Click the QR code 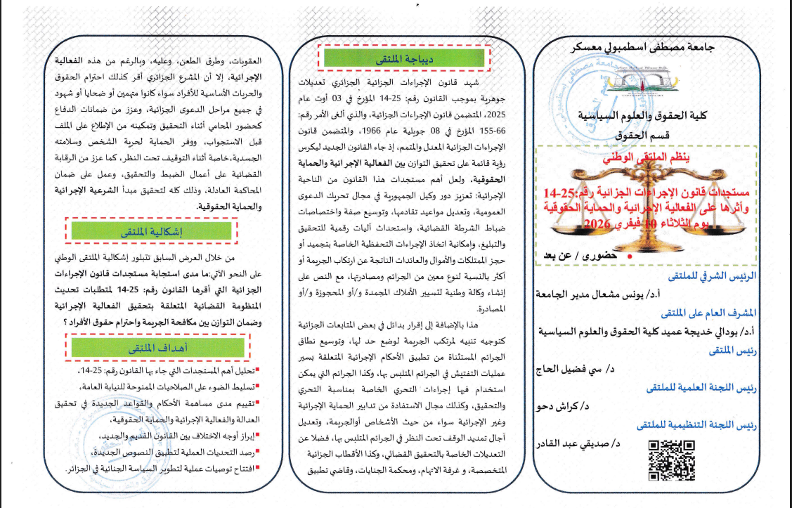670,462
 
